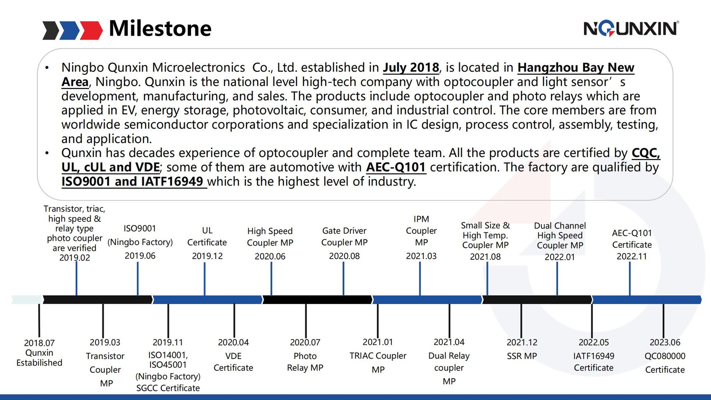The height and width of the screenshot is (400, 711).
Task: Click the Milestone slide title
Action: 160,29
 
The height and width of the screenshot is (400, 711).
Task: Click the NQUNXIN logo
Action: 631,29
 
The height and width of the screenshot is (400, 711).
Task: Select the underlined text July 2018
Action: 411,68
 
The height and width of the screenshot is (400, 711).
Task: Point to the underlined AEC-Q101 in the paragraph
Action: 396,167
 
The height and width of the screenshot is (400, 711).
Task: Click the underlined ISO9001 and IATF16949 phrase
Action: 132,182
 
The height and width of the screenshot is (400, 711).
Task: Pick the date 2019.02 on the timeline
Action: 75,257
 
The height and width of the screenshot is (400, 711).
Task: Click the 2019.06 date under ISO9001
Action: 140,255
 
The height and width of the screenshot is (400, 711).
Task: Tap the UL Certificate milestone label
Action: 207,236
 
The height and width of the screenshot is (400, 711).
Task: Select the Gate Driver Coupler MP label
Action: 344,236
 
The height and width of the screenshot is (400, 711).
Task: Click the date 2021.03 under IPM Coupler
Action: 421,256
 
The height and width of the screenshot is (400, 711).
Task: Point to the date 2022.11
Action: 632,256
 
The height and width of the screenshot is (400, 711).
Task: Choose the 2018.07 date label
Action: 39,343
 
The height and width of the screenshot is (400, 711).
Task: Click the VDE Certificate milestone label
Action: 233,362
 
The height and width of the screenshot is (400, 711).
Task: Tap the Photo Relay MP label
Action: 305,362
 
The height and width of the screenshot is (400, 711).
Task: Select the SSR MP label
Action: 522,356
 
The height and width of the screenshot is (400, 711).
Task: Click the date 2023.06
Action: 665,343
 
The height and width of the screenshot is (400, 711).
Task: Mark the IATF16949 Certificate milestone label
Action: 593,362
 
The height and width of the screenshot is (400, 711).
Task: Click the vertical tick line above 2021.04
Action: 449,320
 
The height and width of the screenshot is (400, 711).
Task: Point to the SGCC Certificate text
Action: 168,388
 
